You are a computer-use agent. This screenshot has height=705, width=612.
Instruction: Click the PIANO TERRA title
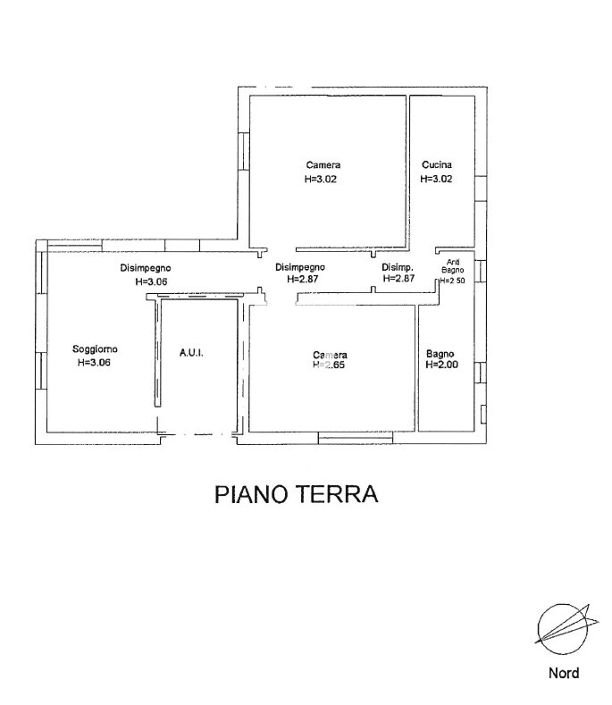pyautogui.click(x=297, y=494)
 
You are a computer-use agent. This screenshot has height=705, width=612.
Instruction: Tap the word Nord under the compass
pyautogui.click(x=563, y=674)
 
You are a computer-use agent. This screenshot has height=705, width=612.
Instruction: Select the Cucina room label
pyautogui.click(x=436, y=165)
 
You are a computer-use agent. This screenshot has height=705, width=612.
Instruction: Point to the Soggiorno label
pyautogui.click(x=95, y=349)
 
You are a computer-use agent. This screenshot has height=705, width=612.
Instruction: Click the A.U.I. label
pyautogui.click(x=191, y=354)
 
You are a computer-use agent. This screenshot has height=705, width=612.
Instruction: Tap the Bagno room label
pyautogui.click(x=441, y=352)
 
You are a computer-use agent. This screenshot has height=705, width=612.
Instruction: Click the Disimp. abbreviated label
pyautogui.click(x=397, y=267)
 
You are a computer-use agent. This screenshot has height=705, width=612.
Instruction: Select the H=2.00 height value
pyautogui.click(x=441, y=365)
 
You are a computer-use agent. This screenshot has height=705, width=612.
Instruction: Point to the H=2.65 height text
pyautogui.click(x=330, y=365)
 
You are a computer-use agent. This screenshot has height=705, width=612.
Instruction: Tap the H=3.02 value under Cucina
pyautogui.click(x=436, y=179)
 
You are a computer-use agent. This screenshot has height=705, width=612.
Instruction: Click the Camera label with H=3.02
pyautogui.click(x=323, y=165)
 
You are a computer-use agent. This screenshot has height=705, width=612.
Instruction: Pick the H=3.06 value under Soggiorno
pyautogui.click(x=95, y=363)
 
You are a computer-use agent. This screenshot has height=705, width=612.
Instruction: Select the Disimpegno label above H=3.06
pyautogui.click(x=146, y=268)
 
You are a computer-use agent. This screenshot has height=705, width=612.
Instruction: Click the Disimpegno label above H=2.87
pyautogui.click(x=299, y=266)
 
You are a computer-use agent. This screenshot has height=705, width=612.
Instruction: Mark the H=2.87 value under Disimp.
pyautogui.click(x=399, y=279)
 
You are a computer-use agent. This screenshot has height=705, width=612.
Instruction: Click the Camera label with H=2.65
pyautogui.click(x=330, y=354)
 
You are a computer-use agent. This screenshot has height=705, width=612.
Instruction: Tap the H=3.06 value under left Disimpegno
pyautogui.click(x=151, y=281)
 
